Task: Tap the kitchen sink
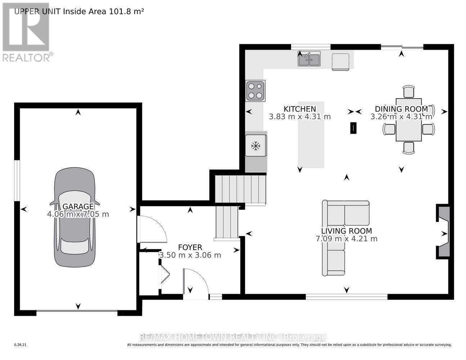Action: pyautogui.click(x=309, y=59)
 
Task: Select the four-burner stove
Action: pyautogui.click(x=255, y=90)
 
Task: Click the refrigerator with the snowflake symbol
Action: pyautogui.click(x=256, y=146)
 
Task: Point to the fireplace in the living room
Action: pyautogui.click(x=443, y=231)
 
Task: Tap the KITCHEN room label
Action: pyautogui.click(x=300, y=109)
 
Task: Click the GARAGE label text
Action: pyautogui.click(x=78, y=207)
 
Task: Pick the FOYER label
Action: pyautogui.click(x=190, y=248)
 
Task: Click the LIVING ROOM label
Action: pyautogui.click(x=346, y=231)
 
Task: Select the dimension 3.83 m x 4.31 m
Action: pyautogui.click(x=300, y=117)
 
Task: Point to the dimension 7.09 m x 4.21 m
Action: pyautogui.click(x=346, y=239)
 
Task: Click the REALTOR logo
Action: pyautogui.click(x=26, y=32)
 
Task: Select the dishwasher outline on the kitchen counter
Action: pyautogui.click(x=340, y=61)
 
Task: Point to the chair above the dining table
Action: pyautogui.click(x=409, y=92)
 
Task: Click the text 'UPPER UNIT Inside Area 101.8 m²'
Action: pyautogui.click(x=79, y=11)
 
